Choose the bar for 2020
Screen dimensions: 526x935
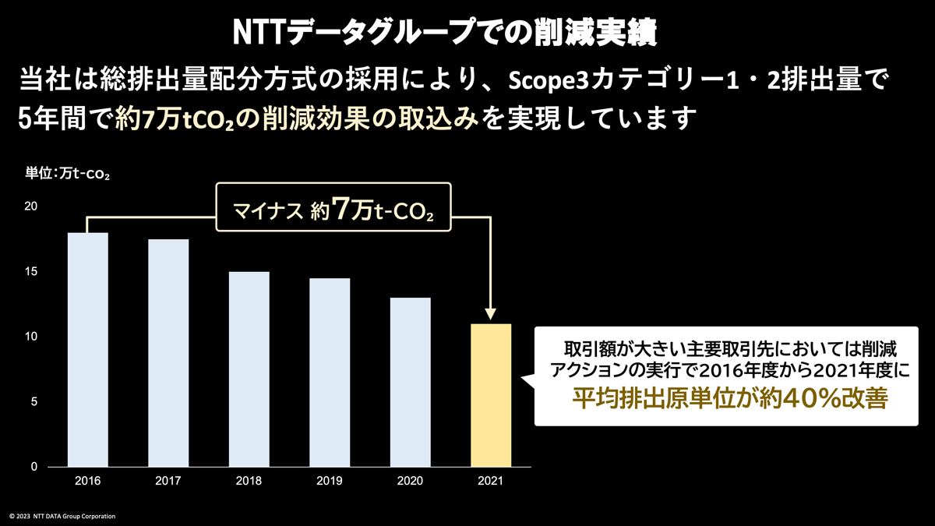(410, 382)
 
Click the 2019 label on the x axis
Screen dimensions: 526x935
(330, 481)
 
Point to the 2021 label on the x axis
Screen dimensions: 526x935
(491, 481)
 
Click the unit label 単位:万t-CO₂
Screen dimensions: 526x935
(68, 175)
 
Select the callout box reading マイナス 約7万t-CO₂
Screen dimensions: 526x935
(333, 208)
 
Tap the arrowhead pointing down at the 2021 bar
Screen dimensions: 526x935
(491, 314)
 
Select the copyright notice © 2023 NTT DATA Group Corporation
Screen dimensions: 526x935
(62, 516)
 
